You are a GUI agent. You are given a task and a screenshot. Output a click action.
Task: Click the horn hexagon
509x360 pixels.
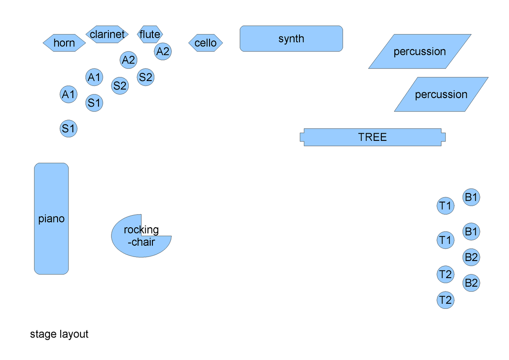tap(64, 43)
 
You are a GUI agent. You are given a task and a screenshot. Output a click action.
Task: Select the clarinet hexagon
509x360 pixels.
tap(107, 34)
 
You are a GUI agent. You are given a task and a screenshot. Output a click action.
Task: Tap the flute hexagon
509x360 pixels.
tap(150, 34)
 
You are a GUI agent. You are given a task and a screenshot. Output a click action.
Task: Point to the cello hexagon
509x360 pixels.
tap(205, 43)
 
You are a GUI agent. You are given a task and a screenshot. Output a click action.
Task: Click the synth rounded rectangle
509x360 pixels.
tap(291, 39)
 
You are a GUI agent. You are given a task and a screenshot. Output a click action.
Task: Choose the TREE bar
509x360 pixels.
tap(372, 137)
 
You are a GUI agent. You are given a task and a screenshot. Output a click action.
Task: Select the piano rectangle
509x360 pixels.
tap(51, 219)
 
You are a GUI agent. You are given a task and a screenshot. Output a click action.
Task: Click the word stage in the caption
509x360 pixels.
tap(43, 334)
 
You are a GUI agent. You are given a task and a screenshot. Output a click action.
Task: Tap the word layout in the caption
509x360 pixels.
tap(74, 334)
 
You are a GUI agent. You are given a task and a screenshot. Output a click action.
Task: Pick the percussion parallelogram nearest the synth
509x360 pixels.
tap(420, 51)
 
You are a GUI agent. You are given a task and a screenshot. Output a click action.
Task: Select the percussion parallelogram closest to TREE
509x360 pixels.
tap(441, 94)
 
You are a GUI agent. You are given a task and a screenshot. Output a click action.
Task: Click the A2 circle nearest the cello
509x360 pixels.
tap(162, 51)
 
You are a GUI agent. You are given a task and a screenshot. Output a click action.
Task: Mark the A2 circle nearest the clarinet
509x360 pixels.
tap(128, 60)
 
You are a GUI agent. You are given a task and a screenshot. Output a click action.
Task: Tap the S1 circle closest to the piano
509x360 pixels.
tap(68, 129)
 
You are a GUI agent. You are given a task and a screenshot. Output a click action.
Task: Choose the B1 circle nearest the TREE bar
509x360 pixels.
tap(471, 197)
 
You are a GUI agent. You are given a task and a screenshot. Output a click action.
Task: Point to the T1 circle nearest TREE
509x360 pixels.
tap(445, 206)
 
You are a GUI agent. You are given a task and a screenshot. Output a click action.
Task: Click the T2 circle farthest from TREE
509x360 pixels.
tap(445, 300)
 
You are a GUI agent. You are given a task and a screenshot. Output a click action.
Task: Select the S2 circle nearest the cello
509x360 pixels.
tap(145, 77)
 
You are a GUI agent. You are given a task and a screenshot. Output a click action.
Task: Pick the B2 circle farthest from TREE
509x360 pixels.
tap(471, 283)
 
